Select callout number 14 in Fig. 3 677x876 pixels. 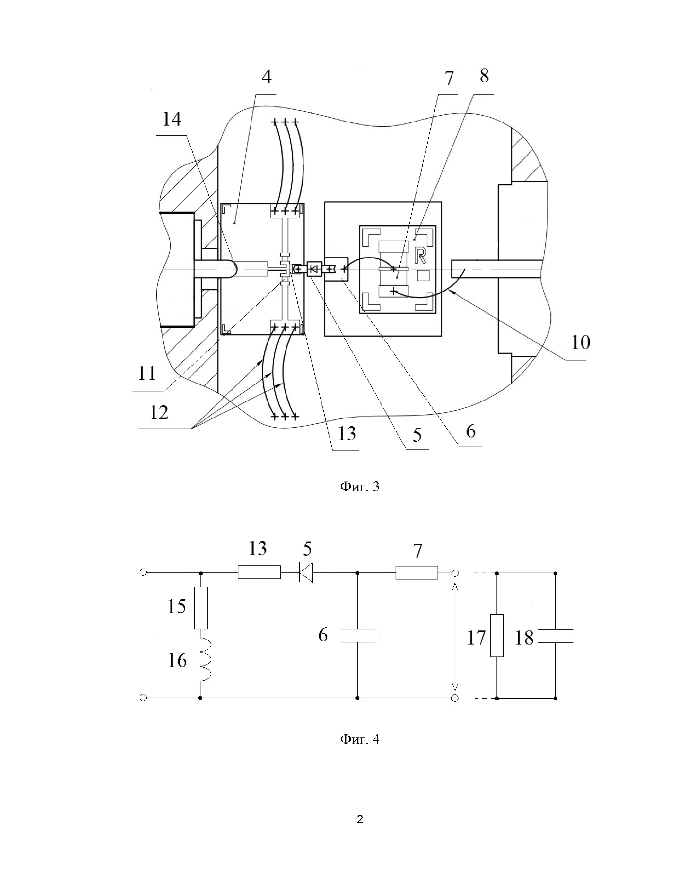pyautogui.click(x=172, y=119)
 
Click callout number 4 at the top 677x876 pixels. pyautogui.click(x=267, y=76)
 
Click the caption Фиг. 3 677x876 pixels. pyautogui.click(x=360, y=487)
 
